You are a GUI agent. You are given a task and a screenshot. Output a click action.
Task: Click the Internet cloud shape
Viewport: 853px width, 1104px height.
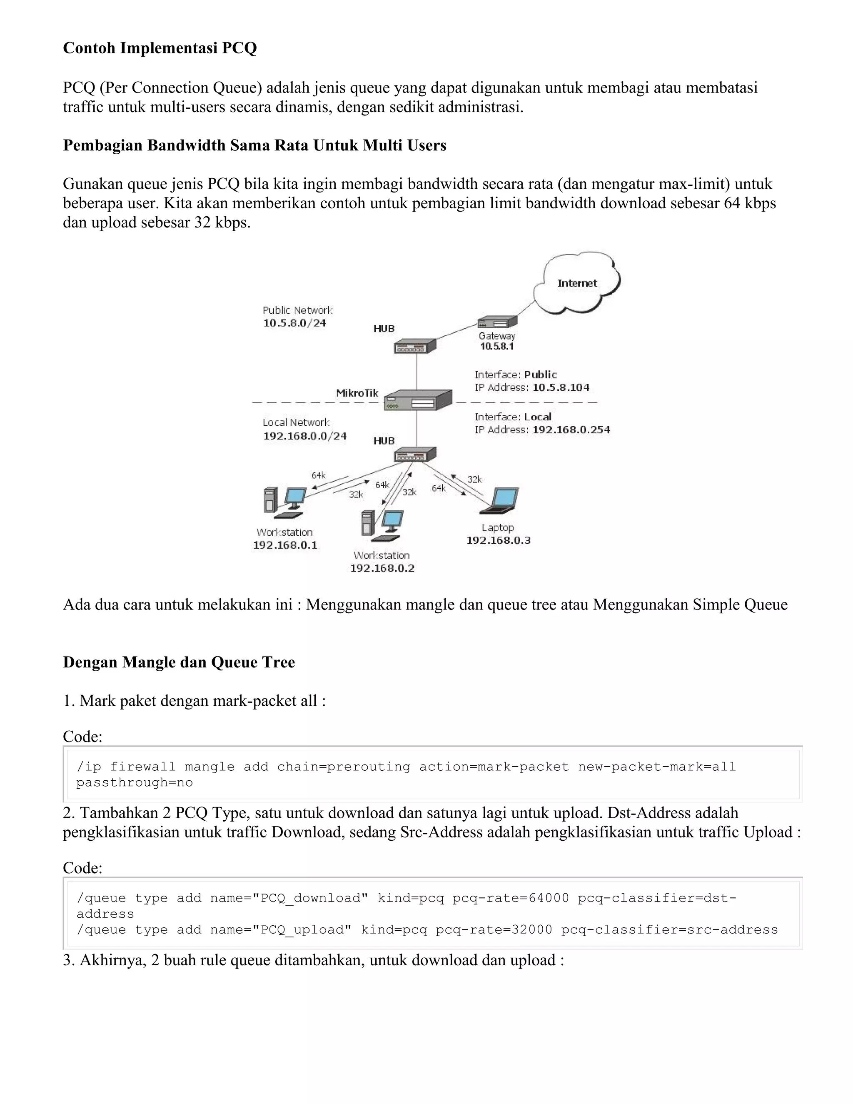pyautogui.click(x=577, y=283)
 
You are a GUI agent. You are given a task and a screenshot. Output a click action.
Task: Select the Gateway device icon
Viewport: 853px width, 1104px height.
pyautogui.click(x=497, y=322)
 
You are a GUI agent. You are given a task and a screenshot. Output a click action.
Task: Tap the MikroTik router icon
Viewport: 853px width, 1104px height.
pyautogui.click(x=417, y=400)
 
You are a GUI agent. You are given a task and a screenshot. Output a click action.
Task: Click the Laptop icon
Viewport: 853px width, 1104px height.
pyautogui.click(x=502, y=500)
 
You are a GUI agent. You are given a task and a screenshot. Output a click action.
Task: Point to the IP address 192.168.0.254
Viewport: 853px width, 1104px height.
pyautogui.click(x=571, y=430)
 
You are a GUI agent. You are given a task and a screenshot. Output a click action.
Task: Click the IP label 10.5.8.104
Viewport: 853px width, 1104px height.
pyautogui.click(x=561, y=388)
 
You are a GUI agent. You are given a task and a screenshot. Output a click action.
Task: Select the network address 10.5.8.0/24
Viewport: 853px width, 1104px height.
pyautogui.click(x=294, y=323)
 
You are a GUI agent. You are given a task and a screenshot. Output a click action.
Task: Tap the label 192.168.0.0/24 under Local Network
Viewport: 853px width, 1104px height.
pyautogui.click(x=305, y=436)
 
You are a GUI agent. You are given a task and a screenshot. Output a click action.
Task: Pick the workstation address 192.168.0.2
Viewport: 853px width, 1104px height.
pyautogui.click(x=382, y=568)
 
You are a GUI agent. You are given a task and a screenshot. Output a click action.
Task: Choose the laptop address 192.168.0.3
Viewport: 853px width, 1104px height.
pyautogui.click(x=498, y=540)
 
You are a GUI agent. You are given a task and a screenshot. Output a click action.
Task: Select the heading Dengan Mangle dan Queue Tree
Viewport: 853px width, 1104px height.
pyautogui.click(x=179, y=662)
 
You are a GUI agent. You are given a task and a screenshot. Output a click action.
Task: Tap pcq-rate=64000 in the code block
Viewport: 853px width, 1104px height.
pyautogui.click(x=510, y=898)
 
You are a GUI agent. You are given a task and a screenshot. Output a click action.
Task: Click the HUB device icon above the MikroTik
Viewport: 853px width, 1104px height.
pyautogui.click(x=415, y=346)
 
